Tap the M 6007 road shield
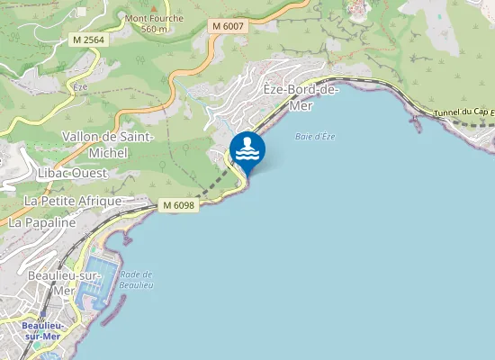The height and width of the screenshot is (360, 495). coord(229,27)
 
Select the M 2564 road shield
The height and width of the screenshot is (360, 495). coord(86,40)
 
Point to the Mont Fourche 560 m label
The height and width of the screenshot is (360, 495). coord(155,23)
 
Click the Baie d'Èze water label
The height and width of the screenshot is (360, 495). coord(315,136)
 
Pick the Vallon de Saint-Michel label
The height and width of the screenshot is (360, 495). coord(108,144)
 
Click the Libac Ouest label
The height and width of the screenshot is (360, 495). coord(73,172)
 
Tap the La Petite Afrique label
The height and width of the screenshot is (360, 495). coord(74,200)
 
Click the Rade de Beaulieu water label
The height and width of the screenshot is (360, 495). coord(136,279)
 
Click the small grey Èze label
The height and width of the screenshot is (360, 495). coord(79,87)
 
